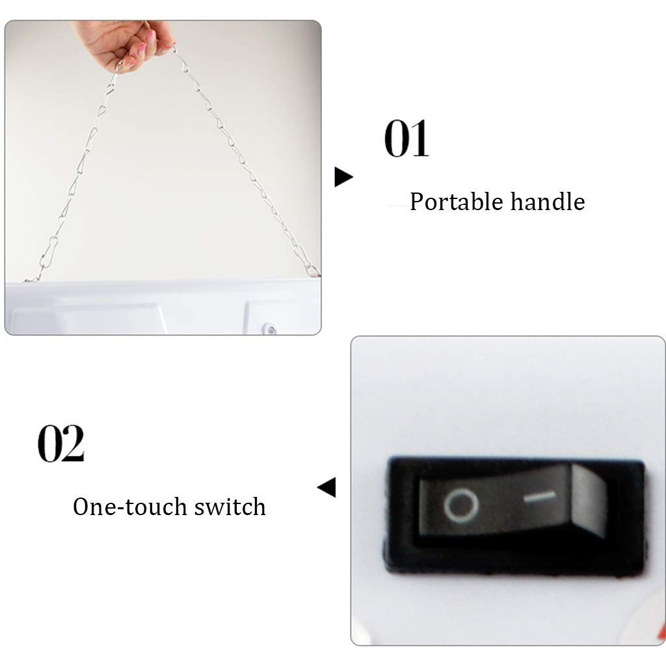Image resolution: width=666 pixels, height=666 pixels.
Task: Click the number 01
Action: [406, 139]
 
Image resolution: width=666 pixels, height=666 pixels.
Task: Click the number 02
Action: [61, 443]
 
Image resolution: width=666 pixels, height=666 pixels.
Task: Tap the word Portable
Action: [456, 202]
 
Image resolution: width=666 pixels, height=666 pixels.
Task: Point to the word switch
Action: [230, 506]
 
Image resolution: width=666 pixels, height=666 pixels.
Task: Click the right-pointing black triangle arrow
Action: [343, 177]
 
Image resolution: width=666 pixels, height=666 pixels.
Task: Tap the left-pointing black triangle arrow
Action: [326, 486]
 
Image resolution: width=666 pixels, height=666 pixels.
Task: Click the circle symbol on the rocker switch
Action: [461, 505]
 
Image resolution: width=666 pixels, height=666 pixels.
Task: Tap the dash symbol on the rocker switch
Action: [539, 496]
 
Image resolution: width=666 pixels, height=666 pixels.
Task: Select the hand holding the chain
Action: [123, 45]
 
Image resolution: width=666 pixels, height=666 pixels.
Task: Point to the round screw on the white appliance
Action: [269, 328]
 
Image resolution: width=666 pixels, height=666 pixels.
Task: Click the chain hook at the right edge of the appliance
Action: [313, 270]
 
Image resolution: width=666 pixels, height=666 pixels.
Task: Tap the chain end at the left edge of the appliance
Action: [31, 279]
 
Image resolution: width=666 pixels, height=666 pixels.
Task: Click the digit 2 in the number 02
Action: [73, 443]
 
